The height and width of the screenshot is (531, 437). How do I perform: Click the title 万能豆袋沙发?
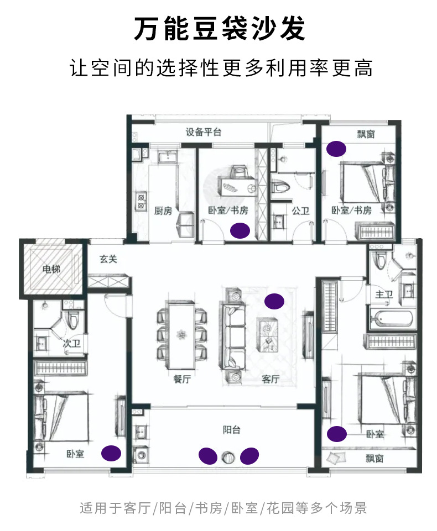tap(219, 29)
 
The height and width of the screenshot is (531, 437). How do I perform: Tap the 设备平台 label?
tap(203, 132)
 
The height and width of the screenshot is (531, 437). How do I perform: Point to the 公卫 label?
tap(300, 211)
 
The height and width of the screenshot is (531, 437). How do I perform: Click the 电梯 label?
tap(51, 269)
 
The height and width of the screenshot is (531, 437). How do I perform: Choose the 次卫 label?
tap(71, 344)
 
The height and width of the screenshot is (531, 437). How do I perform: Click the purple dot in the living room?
tap(273, 301)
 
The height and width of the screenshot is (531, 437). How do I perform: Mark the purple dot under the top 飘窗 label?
tap(336, 148)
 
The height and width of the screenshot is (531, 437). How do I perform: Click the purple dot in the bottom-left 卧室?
tap(111, 453)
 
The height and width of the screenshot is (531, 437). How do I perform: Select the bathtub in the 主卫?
tap(391, 319)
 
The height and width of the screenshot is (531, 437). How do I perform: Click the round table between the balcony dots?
tap(228, 456)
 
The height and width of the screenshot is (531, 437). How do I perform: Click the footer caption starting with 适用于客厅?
tap(223, 508)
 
